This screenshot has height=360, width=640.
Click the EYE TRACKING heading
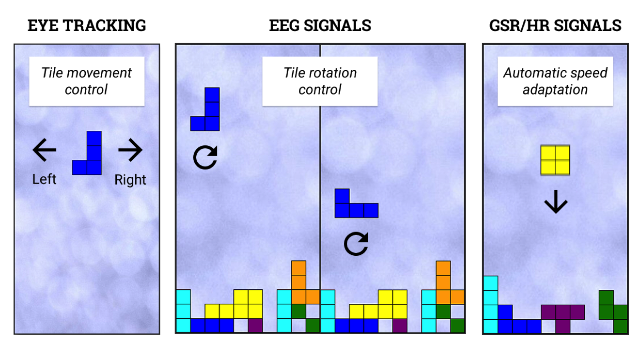87,25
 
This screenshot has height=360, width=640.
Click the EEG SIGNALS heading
320,25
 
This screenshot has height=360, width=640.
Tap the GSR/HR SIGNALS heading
555,25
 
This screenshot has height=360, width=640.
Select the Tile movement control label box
87,81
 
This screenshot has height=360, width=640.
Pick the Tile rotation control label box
320,81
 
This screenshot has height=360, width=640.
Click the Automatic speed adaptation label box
555,81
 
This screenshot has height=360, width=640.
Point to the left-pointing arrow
45,151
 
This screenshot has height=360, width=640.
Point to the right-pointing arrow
130,151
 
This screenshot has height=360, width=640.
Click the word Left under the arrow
44,179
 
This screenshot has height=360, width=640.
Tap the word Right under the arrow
130,180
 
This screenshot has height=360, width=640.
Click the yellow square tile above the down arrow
555,160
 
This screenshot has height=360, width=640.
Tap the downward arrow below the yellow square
555,203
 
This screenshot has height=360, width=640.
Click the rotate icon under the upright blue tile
205,157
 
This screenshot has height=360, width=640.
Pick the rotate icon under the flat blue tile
356,244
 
